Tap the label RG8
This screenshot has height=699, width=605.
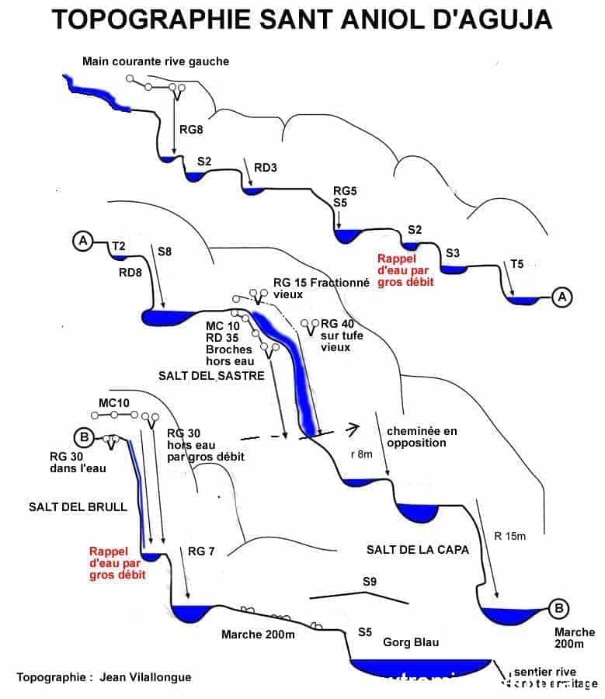click(191, 130)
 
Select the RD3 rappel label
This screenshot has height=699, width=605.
click(266, 167)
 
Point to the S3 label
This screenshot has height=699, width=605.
click(454, 252)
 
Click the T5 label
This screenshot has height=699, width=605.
click(516, 264)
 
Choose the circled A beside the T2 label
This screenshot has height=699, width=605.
click(82, 242)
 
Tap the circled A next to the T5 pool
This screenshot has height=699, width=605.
click(562, 296)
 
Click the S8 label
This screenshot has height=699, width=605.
click(165, 252)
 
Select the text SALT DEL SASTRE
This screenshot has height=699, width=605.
click(211, 376)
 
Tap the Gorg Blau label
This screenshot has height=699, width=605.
click(411, 642)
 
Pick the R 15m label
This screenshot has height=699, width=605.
click(509, 537)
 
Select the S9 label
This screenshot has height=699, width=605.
click(370, 582)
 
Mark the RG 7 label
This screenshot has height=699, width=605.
click(201, 551)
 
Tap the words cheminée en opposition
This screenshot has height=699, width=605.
click(416, 436)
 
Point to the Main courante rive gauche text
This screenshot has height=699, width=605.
click(157, 61)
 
